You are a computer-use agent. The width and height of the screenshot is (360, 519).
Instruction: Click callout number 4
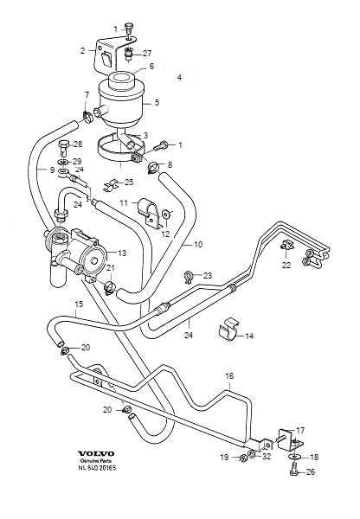179,78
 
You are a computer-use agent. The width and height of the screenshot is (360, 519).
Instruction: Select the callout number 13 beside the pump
122,253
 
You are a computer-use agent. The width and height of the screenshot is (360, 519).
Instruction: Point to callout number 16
229,376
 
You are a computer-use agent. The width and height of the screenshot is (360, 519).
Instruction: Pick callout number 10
197,245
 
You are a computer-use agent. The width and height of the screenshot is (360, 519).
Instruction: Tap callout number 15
78,304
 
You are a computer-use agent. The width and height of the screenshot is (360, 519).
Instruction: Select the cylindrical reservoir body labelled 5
122,97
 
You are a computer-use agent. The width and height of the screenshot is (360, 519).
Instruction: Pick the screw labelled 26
294,470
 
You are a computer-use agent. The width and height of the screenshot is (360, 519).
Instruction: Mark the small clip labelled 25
109,184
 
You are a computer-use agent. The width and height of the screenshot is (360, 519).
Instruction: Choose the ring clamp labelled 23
188,277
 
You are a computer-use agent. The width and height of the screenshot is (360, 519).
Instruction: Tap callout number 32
267,456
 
